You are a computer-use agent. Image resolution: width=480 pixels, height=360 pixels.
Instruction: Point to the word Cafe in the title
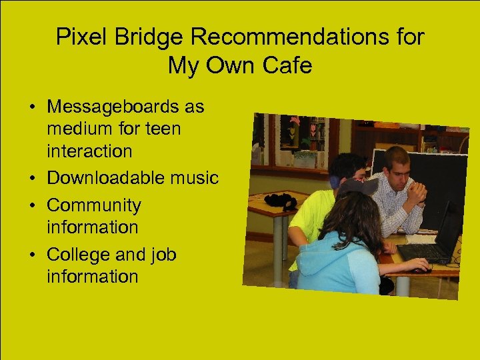click(x=289, y=66)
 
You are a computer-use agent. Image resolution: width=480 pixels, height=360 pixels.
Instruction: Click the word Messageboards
click(x=125, y=107)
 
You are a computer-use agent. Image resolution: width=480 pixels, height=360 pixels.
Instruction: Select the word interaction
click(x=89, y=151)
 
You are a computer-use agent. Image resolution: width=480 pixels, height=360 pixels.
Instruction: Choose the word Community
click(x=94, y=205)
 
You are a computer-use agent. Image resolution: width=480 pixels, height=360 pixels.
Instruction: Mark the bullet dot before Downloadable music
click(x=31, y=179)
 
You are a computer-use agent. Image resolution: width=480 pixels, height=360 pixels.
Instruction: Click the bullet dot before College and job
click(x=31, y=255)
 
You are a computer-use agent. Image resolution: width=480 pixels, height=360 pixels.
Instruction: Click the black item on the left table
click(x=280, y=200)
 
